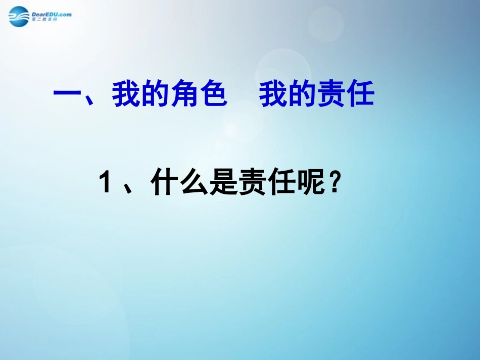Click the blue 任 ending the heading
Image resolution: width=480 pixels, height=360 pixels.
(360, 95)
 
